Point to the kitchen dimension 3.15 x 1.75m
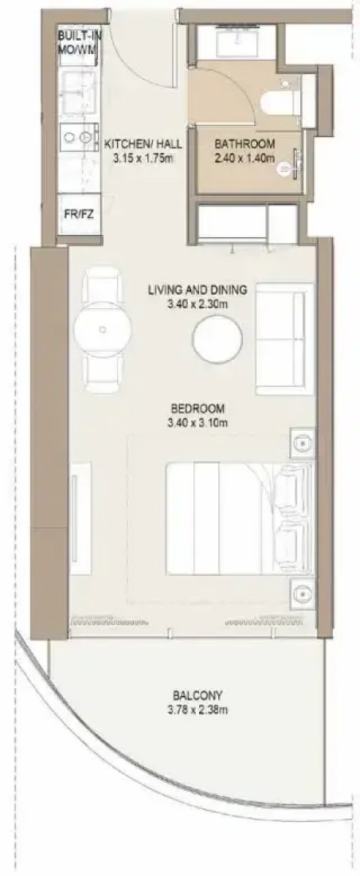tap(143, 158)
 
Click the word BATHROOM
tap(245, 144)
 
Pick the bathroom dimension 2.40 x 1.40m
tap(245, 158)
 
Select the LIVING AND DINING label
tap(198, 290)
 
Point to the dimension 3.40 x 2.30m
tap(198, 304)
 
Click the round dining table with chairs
tap(102, 330)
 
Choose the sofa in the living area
tap(284, 339)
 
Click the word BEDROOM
tap(198, 408)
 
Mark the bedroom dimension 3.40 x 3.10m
tap(198, 422)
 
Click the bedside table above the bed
tap(303, 442)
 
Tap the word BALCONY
tap(198, 696)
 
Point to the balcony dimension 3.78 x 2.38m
tap(198, 710)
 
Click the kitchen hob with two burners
tap(77, 136)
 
